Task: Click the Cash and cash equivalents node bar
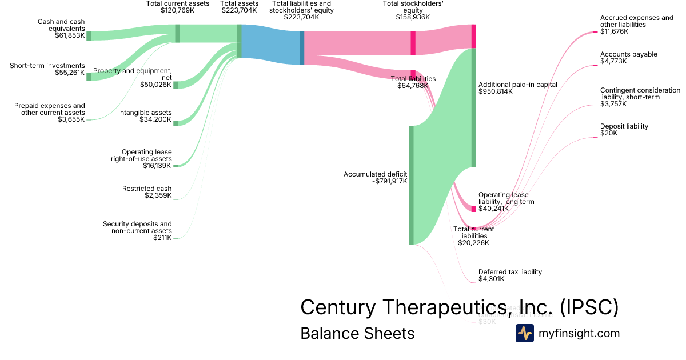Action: coord(89,35)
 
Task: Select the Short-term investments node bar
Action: coord(89,77)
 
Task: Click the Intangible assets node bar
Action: coord(176,123)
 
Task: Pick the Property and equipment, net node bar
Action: coord(176,85)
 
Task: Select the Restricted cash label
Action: coord(147,189)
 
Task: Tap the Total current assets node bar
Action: coord(177,33)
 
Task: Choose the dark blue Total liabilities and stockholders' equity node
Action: coord(302,47)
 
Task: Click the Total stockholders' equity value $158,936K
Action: coord(413,17)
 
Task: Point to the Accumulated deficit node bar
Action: coord(411,185)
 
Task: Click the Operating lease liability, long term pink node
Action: coord(473,209)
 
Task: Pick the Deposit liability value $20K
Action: coord(609,133)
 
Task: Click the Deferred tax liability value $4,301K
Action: coord(492,279)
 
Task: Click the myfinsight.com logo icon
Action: coord(524,333)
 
